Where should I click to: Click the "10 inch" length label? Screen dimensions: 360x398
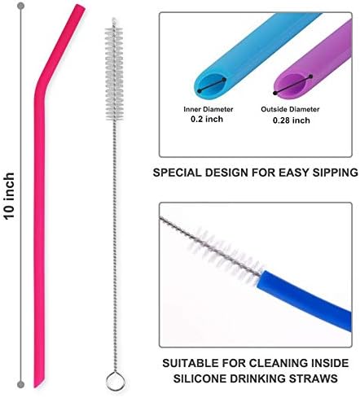pos(9,195)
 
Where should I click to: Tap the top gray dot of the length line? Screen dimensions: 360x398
pos(20,6)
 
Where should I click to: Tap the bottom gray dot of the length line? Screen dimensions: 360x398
pos(20,384)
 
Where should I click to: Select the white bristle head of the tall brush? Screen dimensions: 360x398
pos(114,72)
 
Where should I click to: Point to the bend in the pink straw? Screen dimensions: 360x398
pos(41,85)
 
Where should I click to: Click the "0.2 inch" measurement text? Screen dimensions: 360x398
pos(207,119)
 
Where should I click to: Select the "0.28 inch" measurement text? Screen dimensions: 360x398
pos(292,120)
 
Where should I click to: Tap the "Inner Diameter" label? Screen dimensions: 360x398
pos(209,109)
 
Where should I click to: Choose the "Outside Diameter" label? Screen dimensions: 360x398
pos(290,109)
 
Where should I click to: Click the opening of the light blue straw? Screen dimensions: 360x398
pos(212,85)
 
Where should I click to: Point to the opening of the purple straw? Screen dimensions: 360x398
pos(292,85)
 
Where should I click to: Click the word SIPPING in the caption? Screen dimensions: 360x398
pos(336,173)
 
